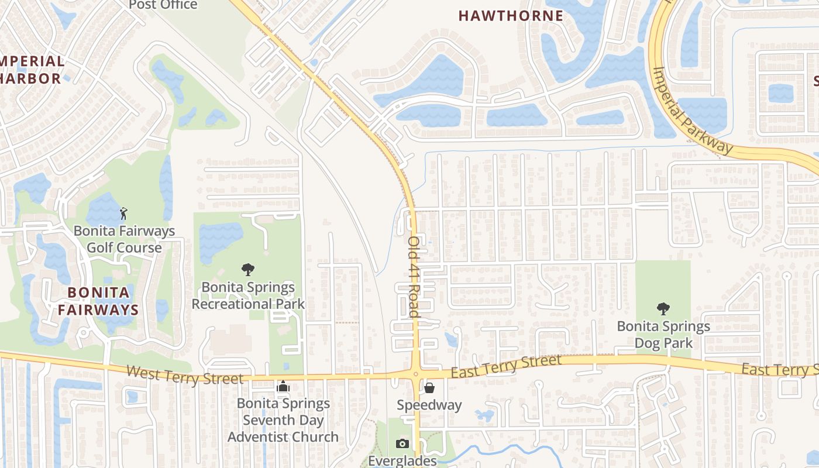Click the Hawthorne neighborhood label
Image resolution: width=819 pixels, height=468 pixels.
click(x=511, y=16)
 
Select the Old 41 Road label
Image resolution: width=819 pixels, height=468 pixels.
click(x=414, y=276)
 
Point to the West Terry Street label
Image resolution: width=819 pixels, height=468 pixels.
click(x=184, y=374)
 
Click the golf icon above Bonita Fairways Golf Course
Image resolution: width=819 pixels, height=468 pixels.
click(x=123, y=213)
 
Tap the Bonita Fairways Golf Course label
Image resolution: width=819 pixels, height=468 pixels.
click(x=124, y=239)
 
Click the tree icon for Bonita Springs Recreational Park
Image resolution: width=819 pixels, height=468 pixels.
click(x=248, y=270)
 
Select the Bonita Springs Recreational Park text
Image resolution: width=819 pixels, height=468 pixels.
click(x=248, y=296)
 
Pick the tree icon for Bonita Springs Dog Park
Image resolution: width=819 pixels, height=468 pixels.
click(x=663, y=308)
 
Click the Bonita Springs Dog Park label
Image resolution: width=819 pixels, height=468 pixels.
click(x=663, y=335)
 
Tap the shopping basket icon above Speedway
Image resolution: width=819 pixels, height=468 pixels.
click(x=429, y=387)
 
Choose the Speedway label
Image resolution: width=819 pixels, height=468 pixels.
click(x=429, y=405)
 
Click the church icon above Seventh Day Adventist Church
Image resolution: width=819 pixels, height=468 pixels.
click(x=283, y=387)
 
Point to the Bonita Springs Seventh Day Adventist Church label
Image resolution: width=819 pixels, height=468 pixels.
click(x=283, y=420)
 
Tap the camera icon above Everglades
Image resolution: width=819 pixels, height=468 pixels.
click(x=402, y=443)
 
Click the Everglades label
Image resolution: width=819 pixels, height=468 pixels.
click(x=402, y=460)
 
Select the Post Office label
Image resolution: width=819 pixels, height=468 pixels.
click(x=163, y=5)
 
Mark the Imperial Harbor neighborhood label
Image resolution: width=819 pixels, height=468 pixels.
click(x=32, y=70)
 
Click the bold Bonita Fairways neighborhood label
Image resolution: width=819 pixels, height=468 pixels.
click(x=98, y=301)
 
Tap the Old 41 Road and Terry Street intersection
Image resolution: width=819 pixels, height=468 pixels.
click(x=415, y=373)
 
